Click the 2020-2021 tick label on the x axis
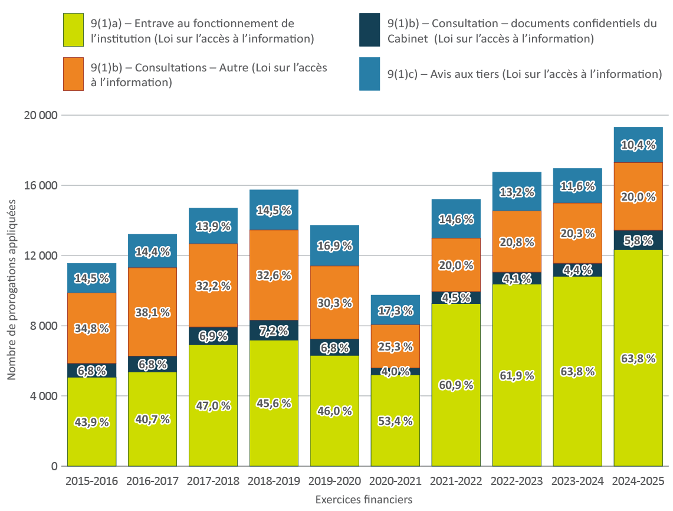click(395, 481)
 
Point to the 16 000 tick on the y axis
click(41, 185)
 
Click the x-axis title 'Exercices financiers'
click(363, 499)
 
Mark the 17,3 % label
click(395, 311)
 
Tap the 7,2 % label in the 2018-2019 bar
click(274, 330)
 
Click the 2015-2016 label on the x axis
click(91, 481)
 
